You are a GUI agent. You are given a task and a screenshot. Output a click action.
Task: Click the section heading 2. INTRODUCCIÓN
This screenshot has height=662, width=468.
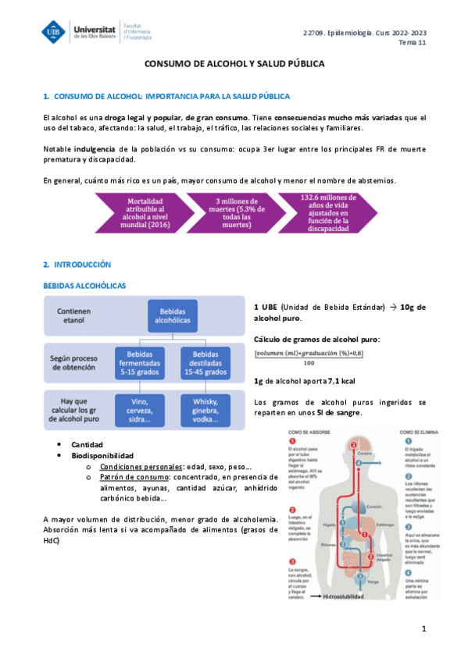click(77, 265)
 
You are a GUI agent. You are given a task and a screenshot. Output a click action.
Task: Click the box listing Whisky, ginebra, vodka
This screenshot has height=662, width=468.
click(205, 410)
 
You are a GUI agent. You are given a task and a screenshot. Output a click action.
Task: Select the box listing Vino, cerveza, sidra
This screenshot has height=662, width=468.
click(140, 410)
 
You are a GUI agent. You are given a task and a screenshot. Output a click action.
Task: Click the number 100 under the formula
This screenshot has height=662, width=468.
click(310, 362)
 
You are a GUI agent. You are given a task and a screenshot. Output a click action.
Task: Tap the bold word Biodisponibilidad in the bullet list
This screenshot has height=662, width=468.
click(102, 455)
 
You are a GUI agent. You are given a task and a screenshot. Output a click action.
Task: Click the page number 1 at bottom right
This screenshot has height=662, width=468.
click(423, 628)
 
